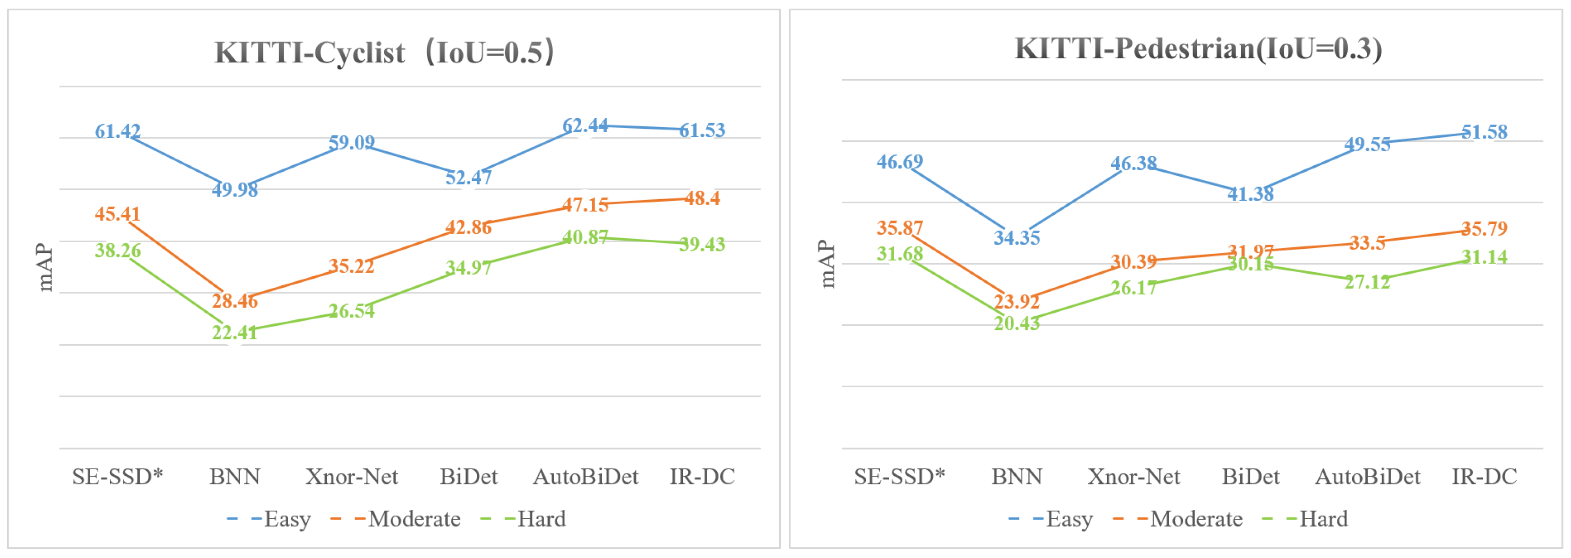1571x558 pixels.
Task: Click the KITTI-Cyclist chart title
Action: [x=384, y=52]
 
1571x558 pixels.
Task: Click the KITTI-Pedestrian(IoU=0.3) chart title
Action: [x=1198, y=49]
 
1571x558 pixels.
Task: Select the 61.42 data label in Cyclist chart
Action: [x=118, y=131]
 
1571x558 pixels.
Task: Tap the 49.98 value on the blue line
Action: [x=235, y=190]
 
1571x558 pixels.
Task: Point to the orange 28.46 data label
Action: [x=235, y=301]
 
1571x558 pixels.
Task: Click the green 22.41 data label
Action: [x=235, y=332]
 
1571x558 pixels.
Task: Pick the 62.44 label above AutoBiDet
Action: [x=585, y=126]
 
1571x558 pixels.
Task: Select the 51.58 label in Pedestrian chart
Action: [x=1484, y=132]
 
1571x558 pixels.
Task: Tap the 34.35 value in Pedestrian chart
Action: [x=1017, y=238]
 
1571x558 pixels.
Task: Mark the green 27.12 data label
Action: [x=1367, y=282]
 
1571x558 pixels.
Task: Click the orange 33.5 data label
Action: [x=1367, y=243]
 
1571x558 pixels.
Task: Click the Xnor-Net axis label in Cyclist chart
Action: [x=352, y=476]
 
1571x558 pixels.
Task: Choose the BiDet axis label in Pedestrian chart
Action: [x=1250, y=476]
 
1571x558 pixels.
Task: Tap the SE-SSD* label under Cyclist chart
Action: [x=118, y=476]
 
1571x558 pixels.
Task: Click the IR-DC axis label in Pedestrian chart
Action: [x=1484, y=476]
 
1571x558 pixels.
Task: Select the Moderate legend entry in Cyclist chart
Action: [x=414, y=519]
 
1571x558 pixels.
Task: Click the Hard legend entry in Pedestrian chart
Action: [x=1323, y=519]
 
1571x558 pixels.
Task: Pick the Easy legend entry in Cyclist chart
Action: [x=287, y=519]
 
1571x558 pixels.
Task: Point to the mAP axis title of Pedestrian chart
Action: [x=827, y=264]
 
